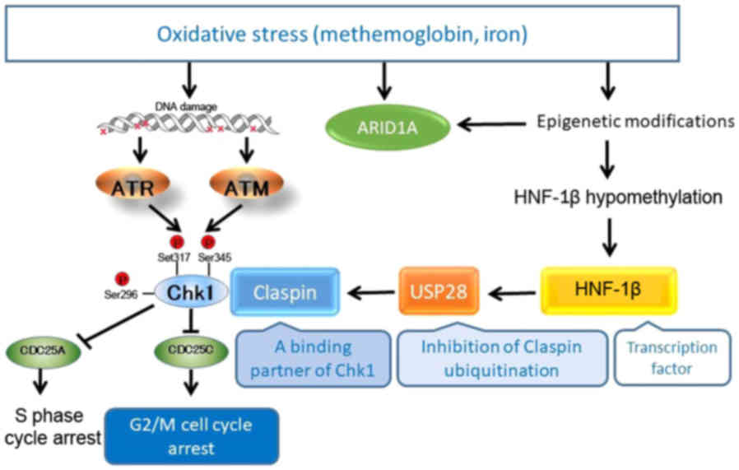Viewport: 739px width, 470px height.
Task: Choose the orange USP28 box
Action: [x=439, y=291]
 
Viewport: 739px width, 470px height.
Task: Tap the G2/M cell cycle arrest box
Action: [x=191, y=436]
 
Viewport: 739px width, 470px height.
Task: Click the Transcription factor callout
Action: [x=672, y=358]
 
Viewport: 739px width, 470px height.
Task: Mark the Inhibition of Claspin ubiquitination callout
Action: [x=501, y=358]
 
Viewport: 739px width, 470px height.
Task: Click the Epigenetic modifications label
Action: [x=635, y=121]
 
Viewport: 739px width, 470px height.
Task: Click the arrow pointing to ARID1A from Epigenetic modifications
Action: [x=491, y=124]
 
